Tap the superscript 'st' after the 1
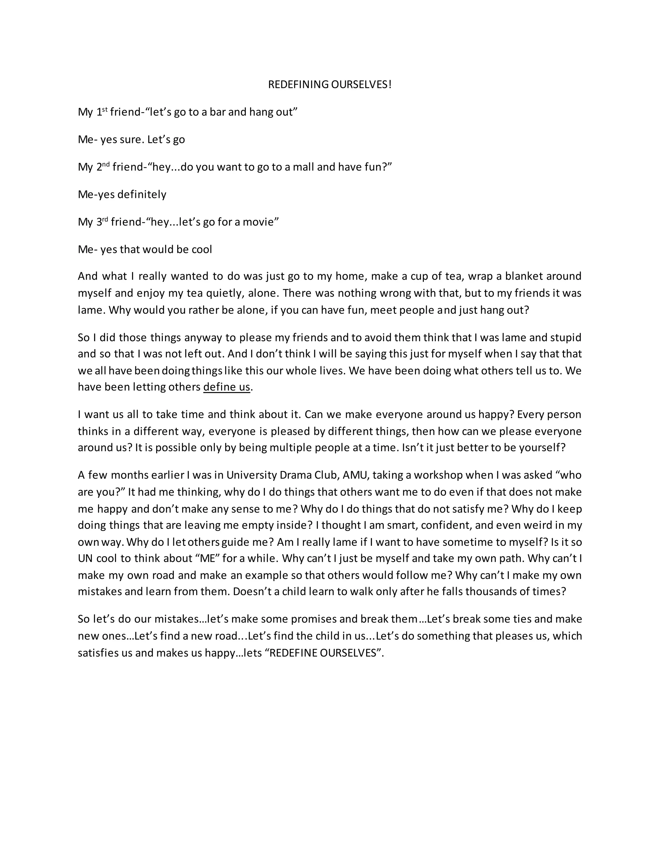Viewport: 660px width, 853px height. pyautogui.click(x=105, y=109)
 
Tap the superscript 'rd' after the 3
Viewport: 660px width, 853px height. pyautogui.click(x=105, y=219)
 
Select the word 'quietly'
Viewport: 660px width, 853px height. pyautogui.click(x=224, y=293)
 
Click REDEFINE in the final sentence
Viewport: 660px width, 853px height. pyautogui.click(x=293, y=653)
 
